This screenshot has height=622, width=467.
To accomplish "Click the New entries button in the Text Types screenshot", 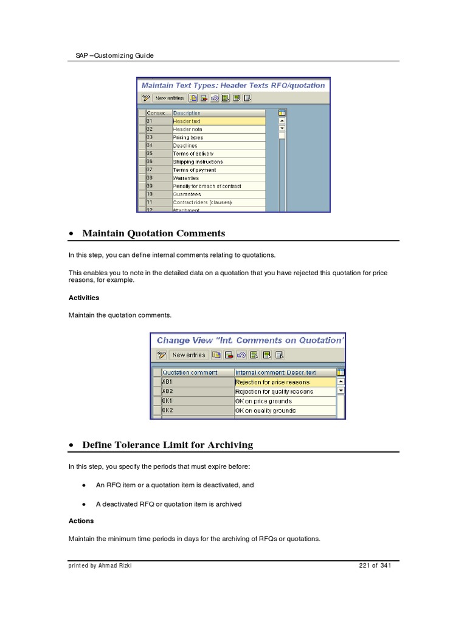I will pyautogui.click(x=169, y=98).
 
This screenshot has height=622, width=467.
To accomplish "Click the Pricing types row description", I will pyautogui.click(x=189, y=138).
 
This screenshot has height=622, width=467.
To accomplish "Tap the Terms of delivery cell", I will pyautogui.click(x=193, y=154).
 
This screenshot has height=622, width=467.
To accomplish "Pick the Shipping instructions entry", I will pyautogui.click(x=198, y=162).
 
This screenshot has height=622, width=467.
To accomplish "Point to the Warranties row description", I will pyautogui.click(x=186, y=178).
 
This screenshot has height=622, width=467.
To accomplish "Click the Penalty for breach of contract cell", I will pyautogui.click(x=207, y=186).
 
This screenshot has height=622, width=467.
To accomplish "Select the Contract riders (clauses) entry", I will pyautogui.click(x=202, y=202).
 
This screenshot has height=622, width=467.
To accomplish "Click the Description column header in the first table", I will pyautogui.click(x=187, y=113).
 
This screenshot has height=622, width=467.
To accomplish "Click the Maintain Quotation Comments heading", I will pyautogui.click(x=153, y=233).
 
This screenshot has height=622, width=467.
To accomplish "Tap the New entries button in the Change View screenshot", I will pyautogui.click(x=189, y=355).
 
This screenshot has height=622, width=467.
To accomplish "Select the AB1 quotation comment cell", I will pyautogui.click(x=168, y=382).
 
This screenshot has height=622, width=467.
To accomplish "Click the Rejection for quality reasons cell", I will pyautogui.click(x=274, y=392).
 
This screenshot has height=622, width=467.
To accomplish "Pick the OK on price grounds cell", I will pyautogui.click(x=263, y=402).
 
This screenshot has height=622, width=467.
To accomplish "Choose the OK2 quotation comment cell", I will pyautogui.click(x=168, y=411).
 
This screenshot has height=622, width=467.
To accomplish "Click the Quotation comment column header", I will pyautogui.click(x=190, y=372).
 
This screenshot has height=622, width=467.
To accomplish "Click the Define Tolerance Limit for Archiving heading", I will pyautogui.click(x=167, y=445).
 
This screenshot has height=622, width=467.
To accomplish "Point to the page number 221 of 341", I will pyautogui.click(x=375, y=566).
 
